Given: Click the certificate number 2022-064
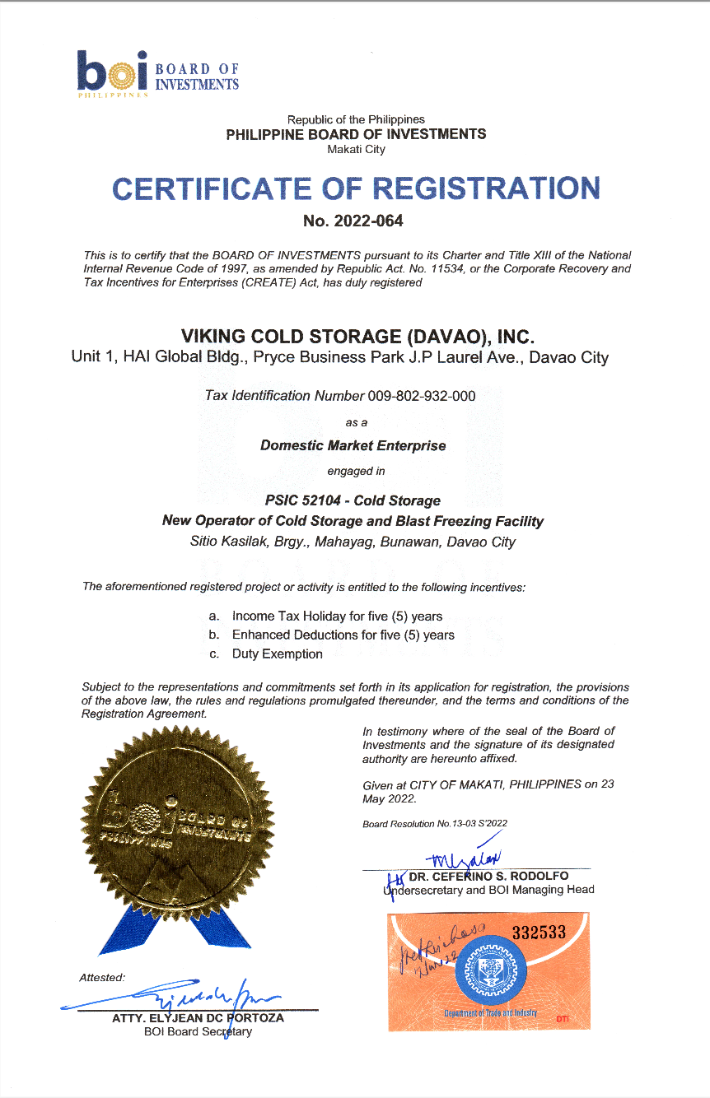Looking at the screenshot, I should coord(355,221).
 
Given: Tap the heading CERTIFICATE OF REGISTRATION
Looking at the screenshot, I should coord(356,188).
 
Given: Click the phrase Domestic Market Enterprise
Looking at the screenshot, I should coord(353,446).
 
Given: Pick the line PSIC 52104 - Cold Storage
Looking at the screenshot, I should coord(353,500).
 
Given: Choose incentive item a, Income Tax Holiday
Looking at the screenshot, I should coord(337,616).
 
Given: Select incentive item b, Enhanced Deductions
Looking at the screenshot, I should coord(343,635).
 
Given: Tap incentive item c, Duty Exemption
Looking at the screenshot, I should coord(277,654).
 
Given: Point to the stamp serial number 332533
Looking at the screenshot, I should coord(540,932).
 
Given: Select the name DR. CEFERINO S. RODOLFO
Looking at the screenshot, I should coord(488,877).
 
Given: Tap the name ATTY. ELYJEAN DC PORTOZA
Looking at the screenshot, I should coord(198,1018).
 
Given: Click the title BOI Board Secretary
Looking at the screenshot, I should coord(198,1031).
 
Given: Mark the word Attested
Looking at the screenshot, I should coord(101,978).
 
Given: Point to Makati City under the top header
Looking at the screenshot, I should coord(356,149).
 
